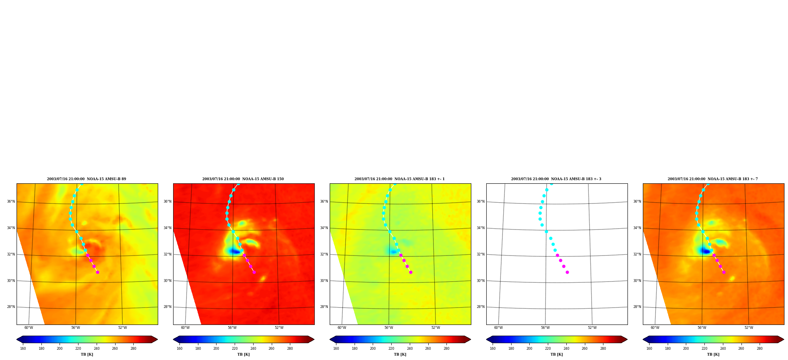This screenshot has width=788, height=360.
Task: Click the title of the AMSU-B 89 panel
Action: tap(86, 179)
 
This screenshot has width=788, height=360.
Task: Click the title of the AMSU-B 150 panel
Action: tap(243, 179)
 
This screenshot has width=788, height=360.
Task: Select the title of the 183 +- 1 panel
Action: tap(400, 179)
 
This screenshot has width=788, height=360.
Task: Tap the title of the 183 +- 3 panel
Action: tap(556, 179)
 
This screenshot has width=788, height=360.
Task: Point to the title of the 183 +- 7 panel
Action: tap(713, 179)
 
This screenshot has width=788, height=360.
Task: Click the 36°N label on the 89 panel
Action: tap(11, 201)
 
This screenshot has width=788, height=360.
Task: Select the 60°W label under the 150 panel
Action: tap(185, 328)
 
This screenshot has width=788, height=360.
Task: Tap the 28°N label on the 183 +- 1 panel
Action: tap(324, 307)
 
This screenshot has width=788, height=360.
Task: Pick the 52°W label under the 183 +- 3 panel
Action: tap(592, 328)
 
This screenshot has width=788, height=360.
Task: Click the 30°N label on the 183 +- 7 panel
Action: tap(637, 281)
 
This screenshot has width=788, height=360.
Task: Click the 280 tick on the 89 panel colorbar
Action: tap(133, 349)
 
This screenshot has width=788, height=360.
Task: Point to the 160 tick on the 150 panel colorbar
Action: tap(179, 349)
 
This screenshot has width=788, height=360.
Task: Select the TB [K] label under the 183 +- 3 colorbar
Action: tap(556, 354)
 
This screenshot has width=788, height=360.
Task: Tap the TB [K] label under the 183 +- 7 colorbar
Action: tap(713, 354)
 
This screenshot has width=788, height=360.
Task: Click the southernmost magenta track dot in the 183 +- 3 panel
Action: tap(567, 272)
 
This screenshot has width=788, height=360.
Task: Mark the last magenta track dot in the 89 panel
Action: tap(97, 272)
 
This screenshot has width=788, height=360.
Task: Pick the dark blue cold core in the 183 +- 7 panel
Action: tap(705, 251)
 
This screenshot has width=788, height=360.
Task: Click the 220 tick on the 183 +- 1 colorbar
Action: tap(391, 349)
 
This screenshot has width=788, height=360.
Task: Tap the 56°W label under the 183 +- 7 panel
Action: tap(702, 328)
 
